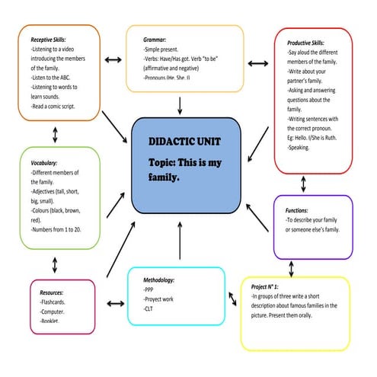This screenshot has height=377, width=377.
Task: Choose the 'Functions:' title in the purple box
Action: coord(296,209)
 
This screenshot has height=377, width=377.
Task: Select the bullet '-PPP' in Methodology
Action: coord(149,290)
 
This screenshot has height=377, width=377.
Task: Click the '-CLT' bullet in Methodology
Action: coord(149,309)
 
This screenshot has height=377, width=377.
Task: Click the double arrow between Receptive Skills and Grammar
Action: coord(113,59)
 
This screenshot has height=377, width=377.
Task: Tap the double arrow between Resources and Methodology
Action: coord(115,303)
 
